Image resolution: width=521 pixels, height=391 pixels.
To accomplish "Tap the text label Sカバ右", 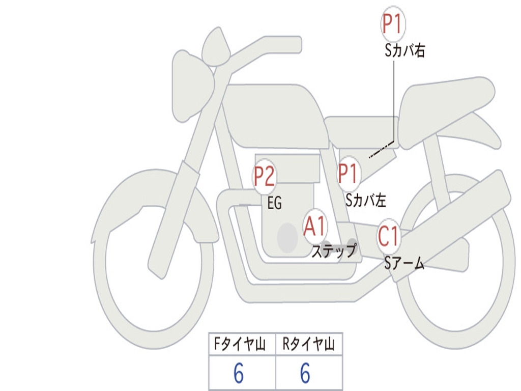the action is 404,51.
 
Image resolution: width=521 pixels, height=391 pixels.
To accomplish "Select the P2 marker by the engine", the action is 264,176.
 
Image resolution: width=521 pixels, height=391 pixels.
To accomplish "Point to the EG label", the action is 274,204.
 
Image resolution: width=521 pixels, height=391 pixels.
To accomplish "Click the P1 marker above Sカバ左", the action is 349,174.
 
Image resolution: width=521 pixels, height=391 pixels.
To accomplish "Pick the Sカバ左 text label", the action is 366,201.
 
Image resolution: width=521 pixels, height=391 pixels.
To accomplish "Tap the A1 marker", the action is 315,227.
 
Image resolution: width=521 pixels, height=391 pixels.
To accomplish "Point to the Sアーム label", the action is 404,263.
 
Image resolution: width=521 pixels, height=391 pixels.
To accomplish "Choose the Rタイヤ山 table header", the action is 308,345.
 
